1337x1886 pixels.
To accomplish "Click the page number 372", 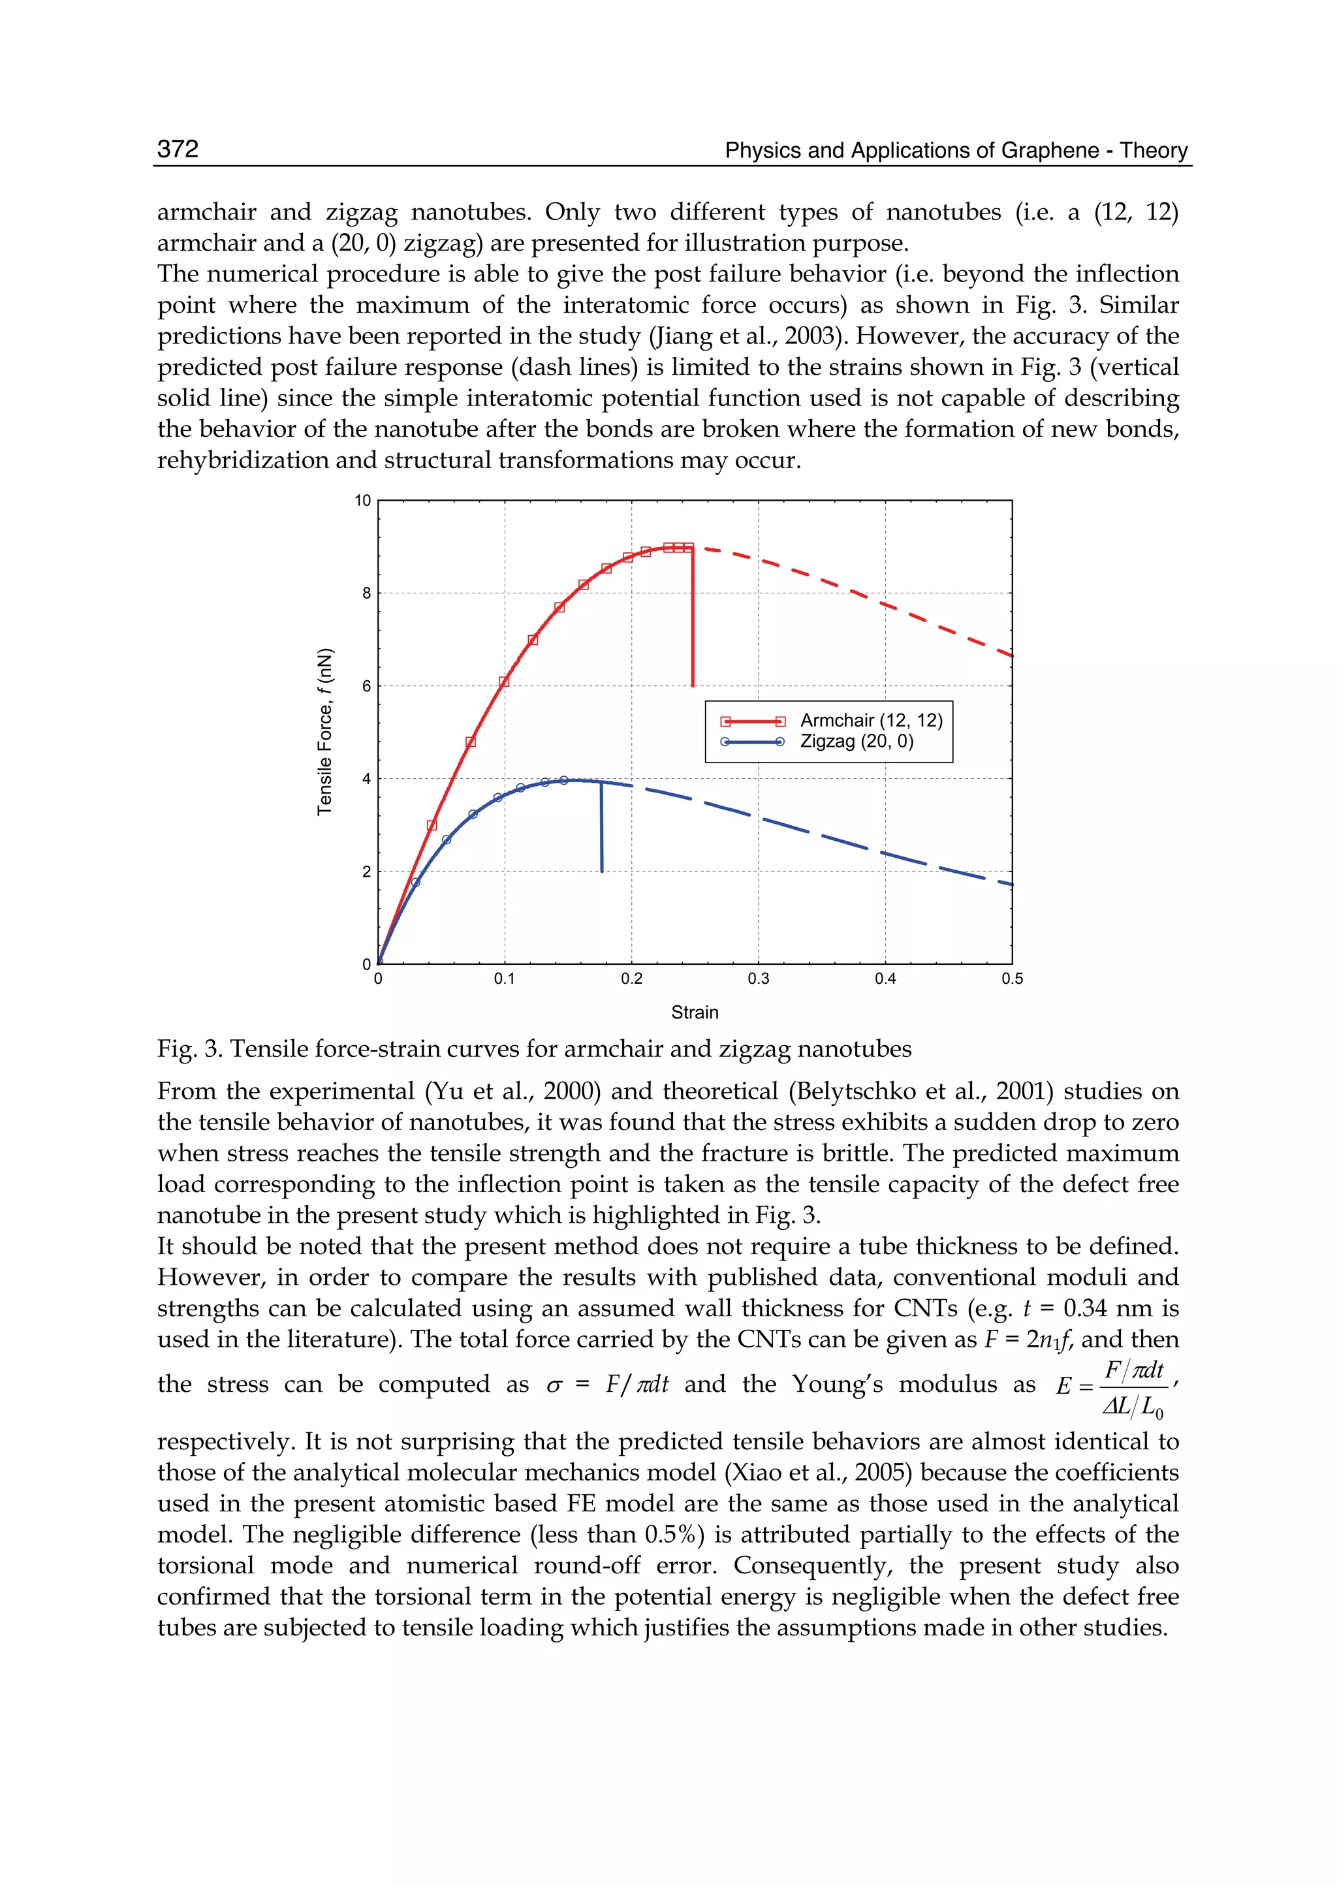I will click(178, 149).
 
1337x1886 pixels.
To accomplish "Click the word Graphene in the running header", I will click(1053, 151).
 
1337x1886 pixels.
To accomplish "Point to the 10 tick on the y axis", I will click(363, 501).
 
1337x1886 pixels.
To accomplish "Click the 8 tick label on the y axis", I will click(366, 593).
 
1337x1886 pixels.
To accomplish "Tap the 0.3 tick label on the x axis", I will click(758, 979).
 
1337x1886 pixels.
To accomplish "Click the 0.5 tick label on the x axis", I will click(1012, 979).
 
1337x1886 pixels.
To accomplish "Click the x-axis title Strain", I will click(694, 1013).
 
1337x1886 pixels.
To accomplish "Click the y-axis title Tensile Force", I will click(325, 732).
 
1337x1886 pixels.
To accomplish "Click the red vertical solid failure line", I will click(693, 618).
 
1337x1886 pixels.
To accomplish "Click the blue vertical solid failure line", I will click(601, 827).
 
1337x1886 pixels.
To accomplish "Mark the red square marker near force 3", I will click(432, 825).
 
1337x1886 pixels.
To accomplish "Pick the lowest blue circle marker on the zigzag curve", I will click(416, 883).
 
